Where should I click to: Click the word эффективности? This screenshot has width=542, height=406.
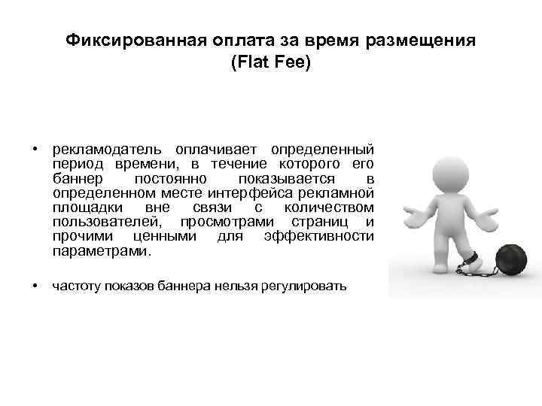tap(319, 236)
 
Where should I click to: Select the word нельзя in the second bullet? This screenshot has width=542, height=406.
tap(243, 286)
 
